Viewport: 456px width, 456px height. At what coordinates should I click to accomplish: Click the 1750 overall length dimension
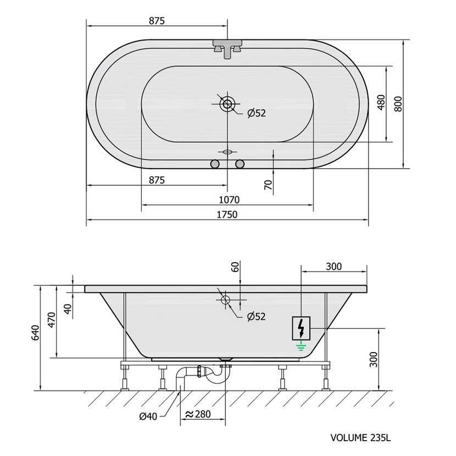pos(227,215)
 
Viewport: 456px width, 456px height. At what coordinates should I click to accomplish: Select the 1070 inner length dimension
pos(229,200)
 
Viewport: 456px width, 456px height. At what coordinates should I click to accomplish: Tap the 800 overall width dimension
pos(398,104)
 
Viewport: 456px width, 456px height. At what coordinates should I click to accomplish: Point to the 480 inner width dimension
pos(381,102)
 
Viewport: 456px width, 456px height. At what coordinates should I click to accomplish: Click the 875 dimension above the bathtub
pos(157,21)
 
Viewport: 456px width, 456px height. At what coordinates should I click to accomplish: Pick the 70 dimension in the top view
pos(269,185)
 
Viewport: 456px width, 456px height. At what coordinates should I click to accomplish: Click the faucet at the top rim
pos(227,49)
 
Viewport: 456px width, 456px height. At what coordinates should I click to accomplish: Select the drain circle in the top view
pos(227,104)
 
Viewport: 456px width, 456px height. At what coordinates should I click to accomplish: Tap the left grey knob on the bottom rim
pos(215,164)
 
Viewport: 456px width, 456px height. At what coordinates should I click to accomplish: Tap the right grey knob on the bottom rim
pos(240,164)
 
